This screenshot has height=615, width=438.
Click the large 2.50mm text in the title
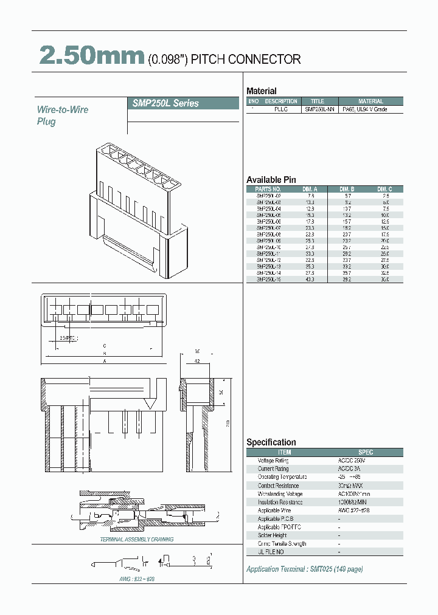(92, 56)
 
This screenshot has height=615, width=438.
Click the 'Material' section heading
(261, 91)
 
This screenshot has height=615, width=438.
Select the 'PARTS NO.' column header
(268, 189)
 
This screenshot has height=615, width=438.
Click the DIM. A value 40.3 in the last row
(310, 280)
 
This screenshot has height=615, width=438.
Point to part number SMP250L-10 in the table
(268, 247)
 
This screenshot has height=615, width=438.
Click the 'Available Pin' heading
(271, 180)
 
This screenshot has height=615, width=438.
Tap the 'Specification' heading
(271, 442)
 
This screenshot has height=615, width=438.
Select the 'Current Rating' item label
(274, 469)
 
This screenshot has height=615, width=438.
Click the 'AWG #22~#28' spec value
(353, 510)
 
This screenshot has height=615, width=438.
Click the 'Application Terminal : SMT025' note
(304, 569)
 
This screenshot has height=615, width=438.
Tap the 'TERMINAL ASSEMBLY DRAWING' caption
(137, 540)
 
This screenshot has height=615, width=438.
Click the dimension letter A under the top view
(105, 361)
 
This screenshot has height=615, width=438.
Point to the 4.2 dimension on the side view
(196, 360)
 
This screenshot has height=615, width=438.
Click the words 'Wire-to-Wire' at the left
(63, 110)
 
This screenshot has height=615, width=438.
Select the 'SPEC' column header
(366, 452)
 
